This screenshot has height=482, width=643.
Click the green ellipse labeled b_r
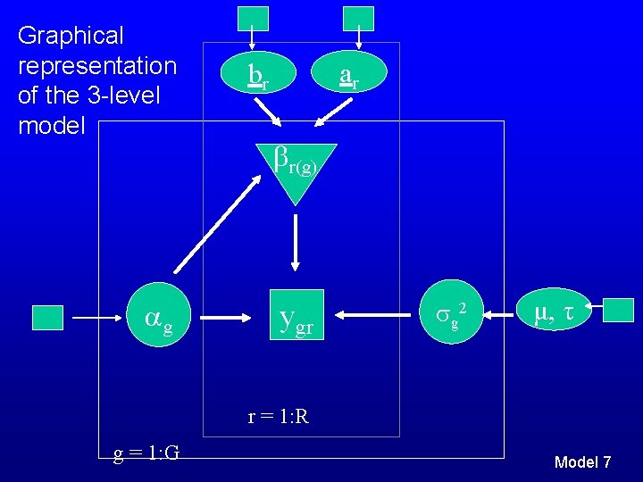coord(257,77)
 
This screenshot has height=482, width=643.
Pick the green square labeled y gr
coord(296,317)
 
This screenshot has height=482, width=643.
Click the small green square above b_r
coord(252,19)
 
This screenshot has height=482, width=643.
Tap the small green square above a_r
coord(358,18)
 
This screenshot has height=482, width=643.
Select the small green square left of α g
coord(47,317)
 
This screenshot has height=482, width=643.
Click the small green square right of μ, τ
coord(618,310)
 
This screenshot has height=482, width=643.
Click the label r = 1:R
coord(279,416)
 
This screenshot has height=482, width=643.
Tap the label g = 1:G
coord(146,453)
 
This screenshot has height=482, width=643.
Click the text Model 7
coord(582,462)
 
